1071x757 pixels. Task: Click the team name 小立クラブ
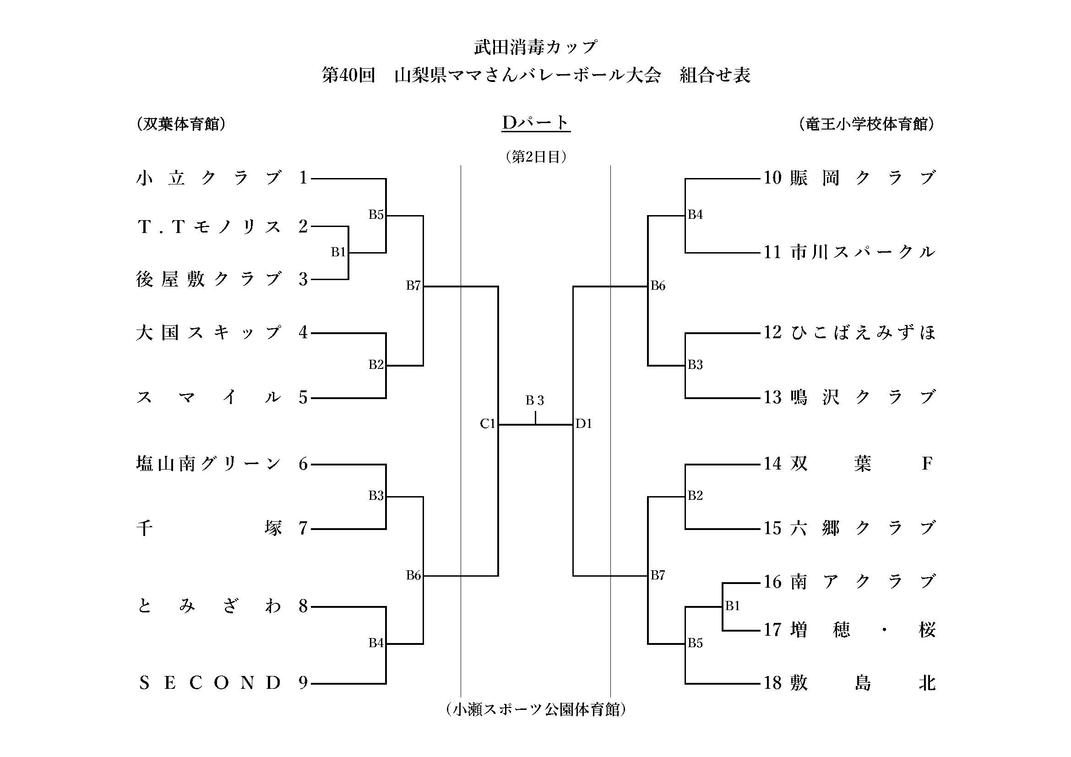click(209, 178)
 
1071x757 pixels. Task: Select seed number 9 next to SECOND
click(303, 683)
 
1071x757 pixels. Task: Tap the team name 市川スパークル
click(863, 252)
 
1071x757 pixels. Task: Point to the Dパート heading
click(536, 123)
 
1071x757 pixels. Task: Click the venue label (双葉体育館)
click(181, 124)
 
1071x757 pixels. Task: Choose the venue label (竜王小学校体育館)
click(866, 124)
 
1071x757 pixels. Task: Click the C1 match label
click(487, 424)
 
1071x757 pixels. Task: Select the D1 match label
click(584, 424)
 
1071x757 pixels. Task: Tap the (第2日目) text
click(536, 157)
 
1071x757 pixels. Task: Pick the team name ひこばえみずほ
click(863, 332)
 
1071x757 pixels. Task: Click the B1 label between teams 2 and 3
click(338, 252)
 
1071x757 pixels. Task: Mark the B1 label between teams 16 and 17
click(733, 606)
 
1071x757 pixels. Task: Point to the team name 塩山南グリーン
click(209, 464)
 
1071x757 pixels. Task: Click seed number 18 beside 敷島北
click(772, 683)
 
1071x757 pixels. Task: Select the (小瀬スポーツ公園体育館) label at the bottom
click(536, 709)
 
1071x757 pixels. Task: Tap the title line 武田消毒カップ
click(536, 47)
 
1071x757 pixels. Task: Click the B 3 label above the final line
click(535, 400)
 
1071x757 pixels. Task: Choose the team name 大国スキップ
click(209, 333)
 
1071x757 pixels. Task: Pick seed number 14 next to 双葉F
click(772, 464)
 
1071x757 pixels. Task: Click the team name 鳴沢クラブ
click(863, 398)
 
